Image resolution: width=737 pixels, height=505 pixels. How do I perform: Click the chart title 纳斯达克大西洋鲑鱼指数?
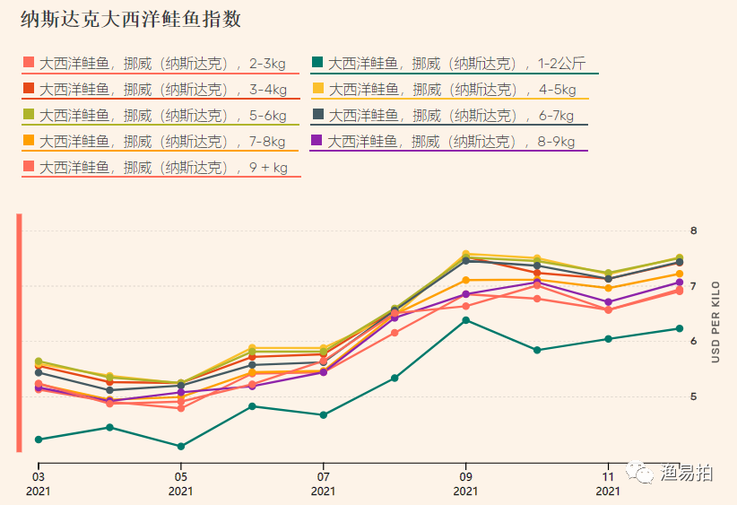[131, 19]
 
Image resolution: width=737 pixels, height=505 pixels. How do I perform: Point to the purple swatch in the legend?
[317, 141]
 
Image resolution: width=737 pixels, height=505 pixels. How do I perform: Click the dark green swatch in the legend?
[317, 63]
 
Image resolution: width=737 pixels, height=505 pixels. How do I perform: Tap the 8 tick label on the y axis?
[693, 231]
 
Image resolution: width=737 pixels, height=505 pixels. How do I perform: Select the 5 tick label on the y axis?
[693, 396]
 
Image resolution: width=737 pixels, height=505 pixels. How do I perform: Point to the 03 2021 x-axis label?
[39, 483]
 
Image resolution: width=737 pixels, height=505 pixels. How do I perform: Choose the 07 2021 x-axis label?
[323, 483]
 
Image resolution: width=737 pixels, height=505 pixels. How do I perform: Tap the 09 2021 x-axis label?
[465, 483]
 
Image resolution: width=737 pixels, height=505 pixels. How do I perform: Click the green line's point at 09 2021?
[465, 320]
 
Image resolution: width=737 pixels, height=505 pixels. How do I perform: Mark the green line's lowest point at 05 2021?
[181, 446]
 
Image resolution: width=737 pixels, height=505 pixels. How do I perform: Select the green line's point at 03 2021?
[39, 440]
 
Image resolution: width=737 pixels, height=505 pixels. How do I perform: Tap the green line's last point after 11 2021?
[679, 328]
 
